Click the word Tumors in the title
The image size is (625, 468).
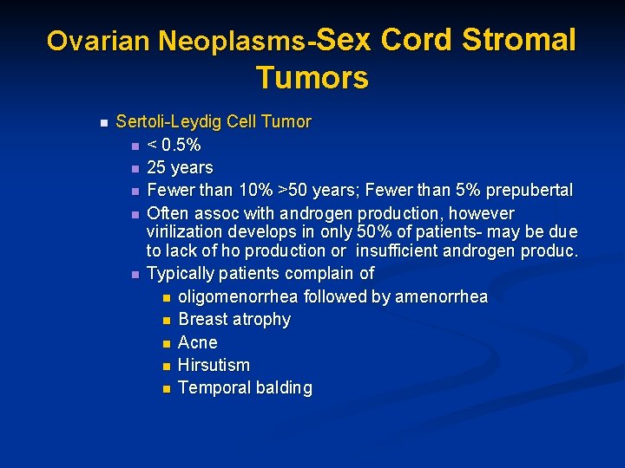click(312, 78)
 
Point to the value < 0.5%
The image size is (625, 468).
click(174, 144)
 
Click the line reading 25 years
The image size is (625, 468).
click(180, 167)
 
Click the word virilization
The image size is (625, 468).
click(184, 232)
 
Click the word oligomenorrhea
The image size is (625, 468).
click(238, 297)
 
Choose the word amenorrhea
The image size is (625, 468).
click(441, 297)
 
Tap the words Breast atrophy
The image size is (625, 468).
click(234, 320)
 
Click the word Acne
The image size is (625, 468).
click(198, 342)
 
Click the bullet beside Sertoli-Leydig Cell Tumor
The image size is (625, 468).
click(102, 122)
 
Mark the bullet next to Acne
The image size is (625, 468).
click(166, 343)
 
